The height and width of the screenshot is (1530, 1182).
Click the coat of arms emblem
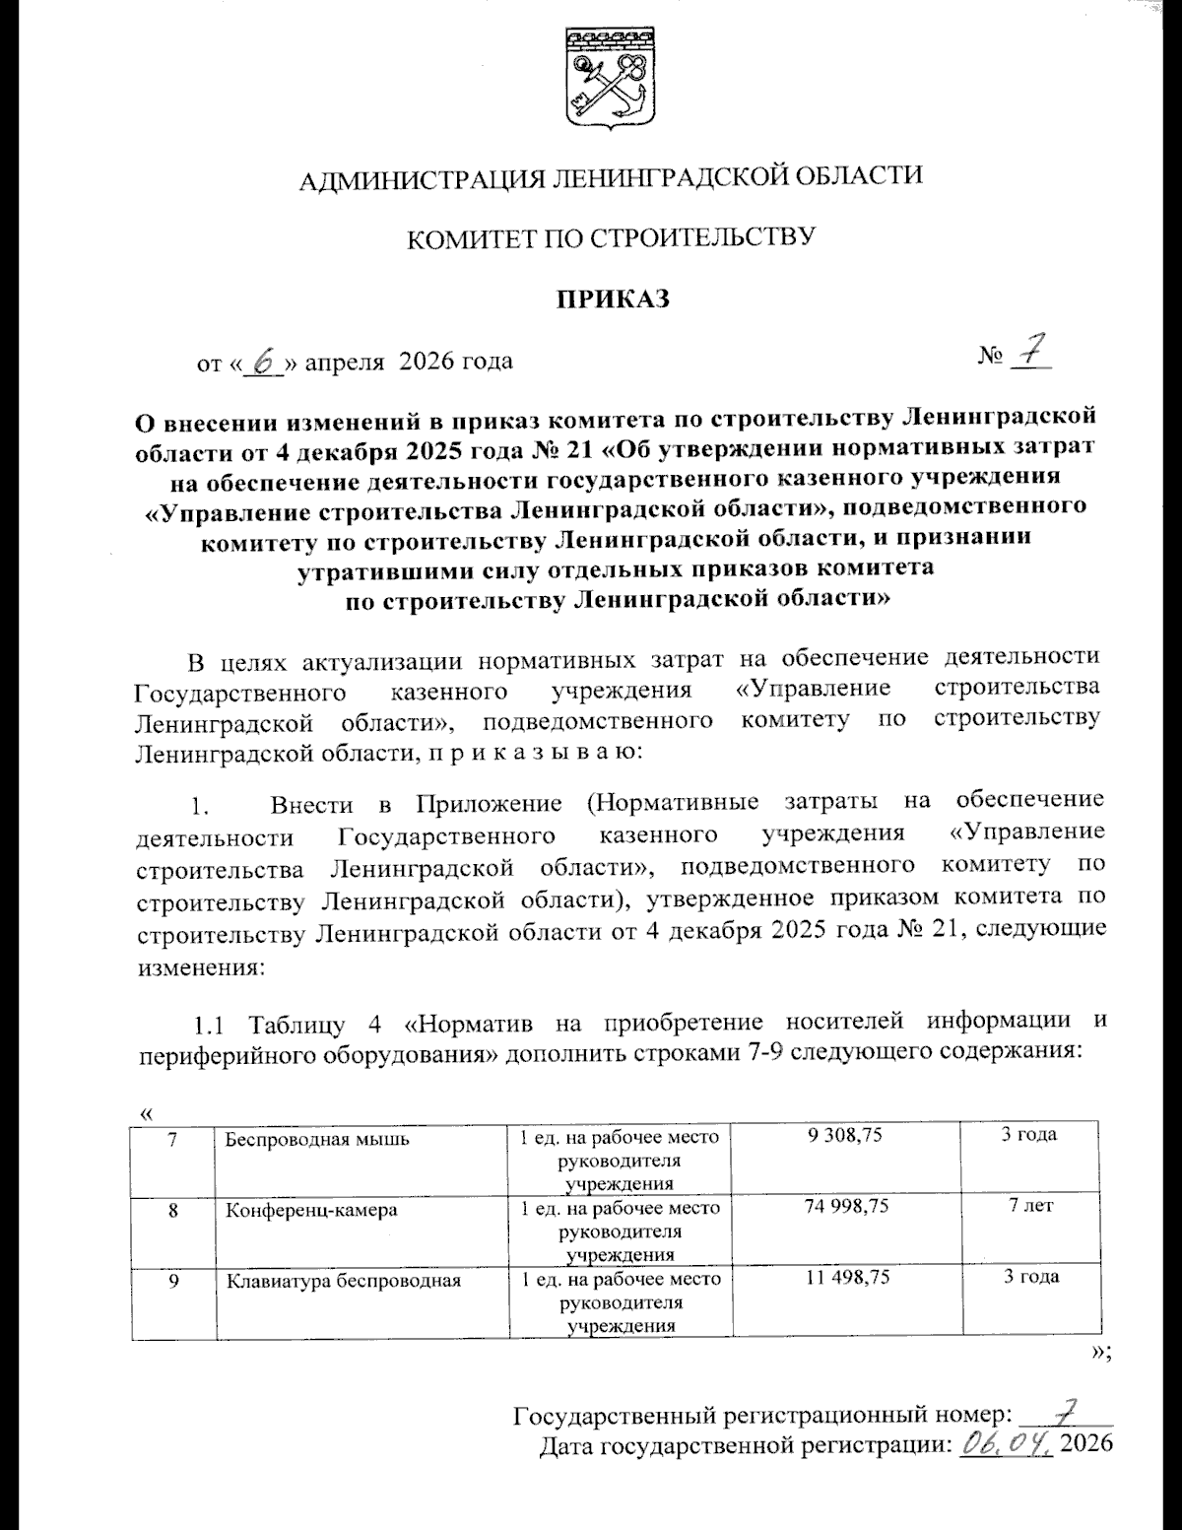click(x=611, y=80)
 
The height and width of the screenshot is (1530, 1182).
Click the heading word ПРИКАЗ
click(x=612, y=299)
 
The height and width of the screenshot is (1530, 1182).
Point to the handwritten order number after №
click(x=1029, y=352)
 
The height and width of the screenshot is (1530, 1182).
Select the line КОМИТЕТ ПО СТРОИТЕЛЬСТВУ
click(x=612, y=237)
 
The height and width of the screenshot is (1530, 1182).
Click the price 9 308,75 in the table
click(x=844, y=1135)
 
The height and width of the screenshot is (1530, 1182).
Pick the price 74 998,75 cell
click(x=846, y=1206)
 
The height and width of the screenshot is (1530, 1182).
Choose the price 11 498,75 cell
click(x=846, y=1277)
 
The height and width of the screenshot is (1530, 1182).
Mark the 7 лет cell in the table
click(x=1030, y=1206)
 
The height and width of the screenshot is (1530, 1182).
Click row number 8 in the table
click(x=173, y=1210)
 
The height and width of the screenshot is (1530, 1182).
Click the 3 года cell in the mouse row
click(x=1029, y=1135)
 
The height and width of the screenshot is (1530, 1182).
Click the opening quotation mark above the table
click(x=146, y=1113)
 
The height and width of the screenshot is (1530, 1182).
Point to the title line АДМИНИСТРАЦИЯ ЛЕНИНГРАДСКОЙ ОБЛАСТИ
click(x=611, y=177)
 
